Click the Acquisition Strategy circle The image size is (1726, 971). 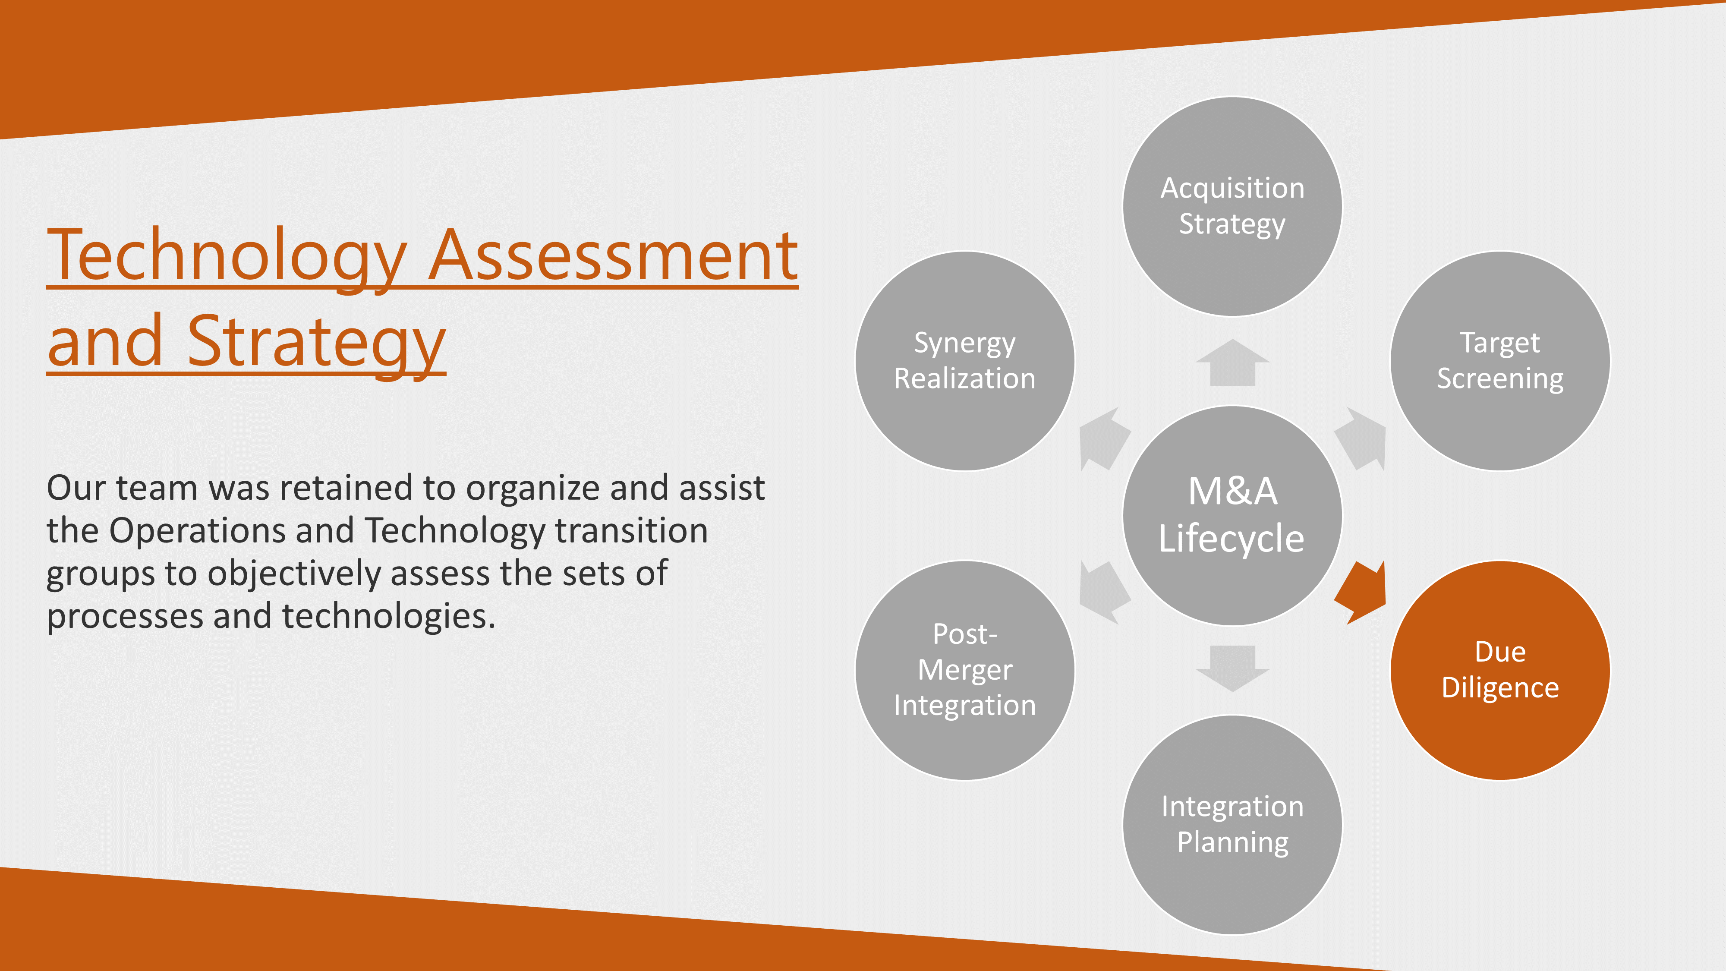1232,206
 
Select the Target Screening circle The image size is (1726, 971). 1499,361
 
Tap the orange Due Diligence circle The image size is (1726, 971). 1499,670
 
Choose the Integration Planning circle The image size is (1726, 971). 1232,824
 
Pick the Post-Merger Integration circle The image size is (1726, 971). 965,670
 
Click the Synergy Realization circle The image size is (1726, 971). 965,361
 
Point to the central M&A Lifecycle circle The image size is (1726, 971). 1232,515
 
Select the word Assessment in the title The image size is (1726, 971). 613,256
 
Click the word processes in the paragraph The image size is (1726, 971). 125,617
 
